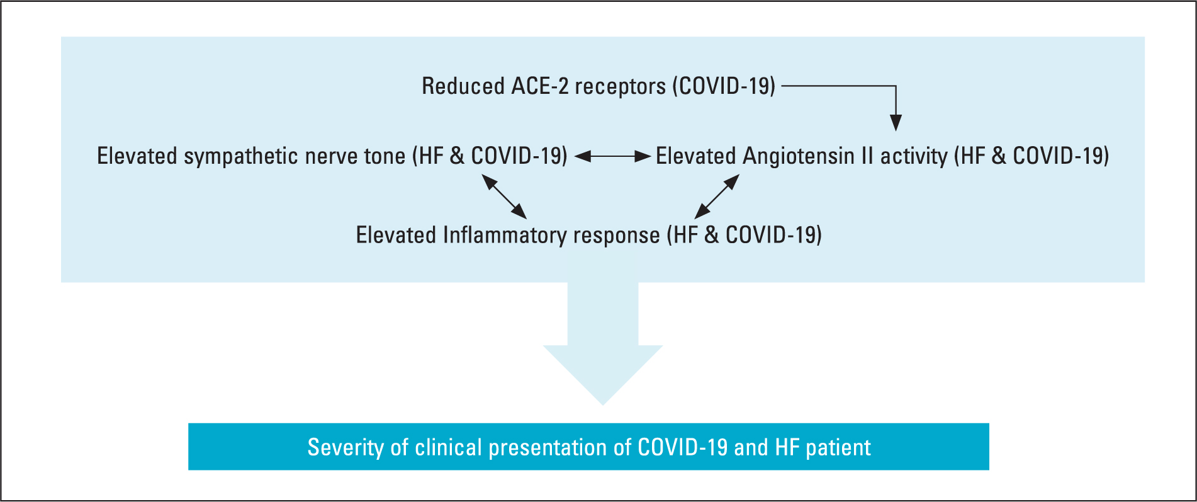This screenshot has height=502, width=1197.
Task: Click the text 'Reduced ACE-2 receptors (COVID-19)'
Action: pyautogui.click(x=598, y=86)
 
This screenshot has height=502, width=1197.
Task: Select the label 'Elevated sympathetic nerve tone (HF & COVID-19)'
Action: pyautogui.click(x=332, y=156)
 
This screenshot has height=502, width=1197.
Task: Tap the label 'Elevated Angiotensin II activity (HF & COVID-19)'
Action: pyautogui.click(x=882, y=156)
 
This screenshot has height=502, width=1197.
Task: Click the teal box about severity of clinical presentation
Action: pyautogui.click(x=588, y=447)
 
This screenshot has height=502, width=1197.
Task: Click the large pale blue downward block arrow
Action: pyautogui.click(x=603, y=343)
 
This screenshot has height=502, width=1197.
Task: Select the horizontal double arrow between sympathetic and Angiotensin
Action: pyautogui.click(x=612, y=156)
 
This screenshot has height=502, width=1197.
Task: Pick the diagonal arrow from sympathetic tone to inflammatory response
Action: pyautogui.click(x=504, y=197)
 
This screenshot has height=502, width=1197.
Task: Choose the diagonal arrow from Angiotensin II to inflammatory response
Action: pyautogui.click(x=717, y=197)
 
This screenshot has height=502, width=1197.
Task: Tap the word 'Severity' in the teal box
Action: pyautogui.click(x=346, y=447)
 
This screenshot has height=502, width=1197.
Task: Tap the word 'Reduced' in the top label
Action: pyautogui.click(x=463, y=86)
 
